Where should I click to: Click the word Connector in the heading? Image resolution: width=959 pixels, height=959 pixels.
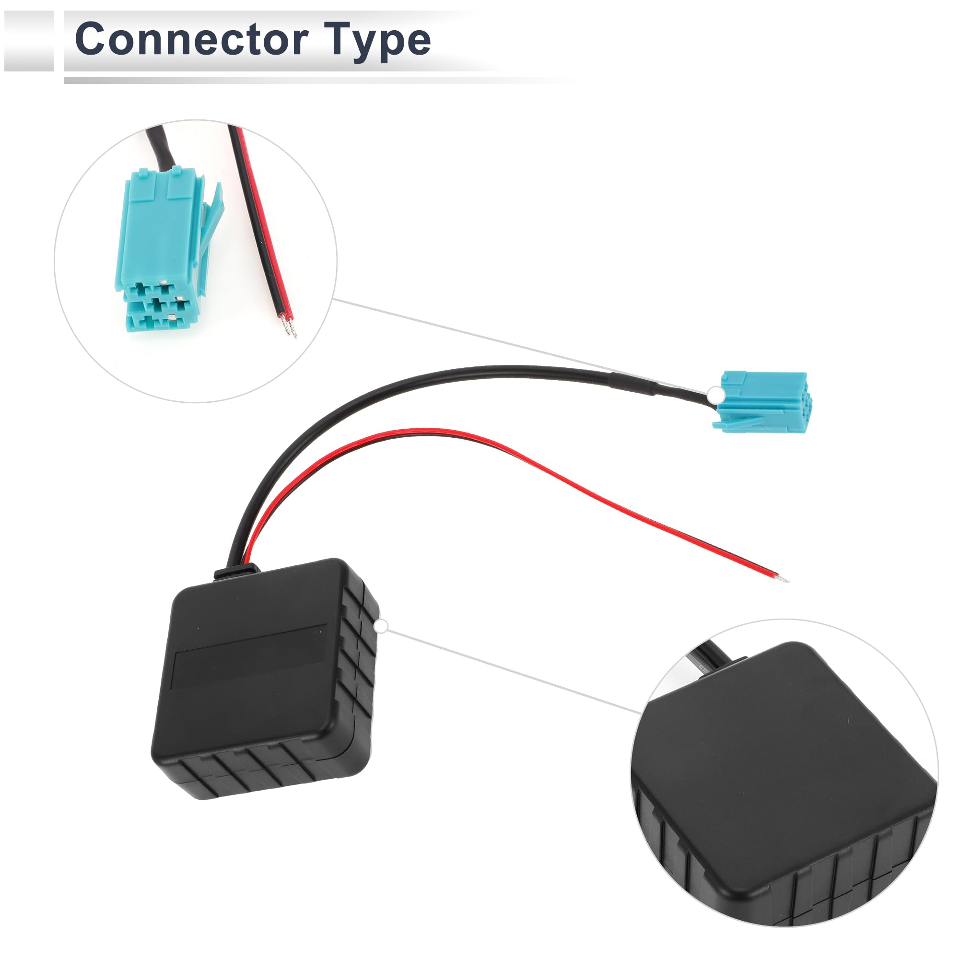tap(192, 39)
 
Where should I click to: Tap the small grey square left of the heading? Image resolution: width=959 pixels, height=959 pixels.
tap(29, 41)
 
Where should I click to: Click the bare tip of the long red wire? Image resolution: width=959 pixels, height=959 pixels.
tap(784, 579)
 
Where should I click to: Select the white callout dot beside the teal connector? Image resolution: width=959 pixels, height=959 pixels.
tap(715, 395)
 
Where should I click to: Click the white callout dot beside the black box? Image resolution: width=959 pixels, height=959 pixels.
tap(381, 627)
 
